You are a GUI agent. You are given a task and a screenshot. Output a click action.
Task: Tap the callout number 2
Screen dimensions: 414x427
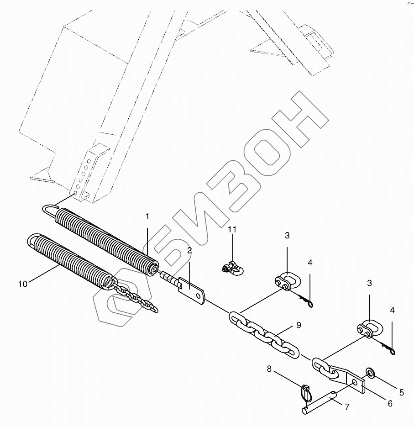pyautogui.click(x=189, y=251)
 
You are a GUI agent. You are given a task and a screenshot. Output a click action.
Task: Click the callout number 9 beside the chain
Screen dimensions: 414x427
pyautogui.click(x=299, y=325)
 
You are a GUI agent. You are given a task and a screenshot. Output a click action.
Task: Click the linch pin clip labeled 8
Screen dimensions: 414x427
pyautogui.click(x=306, y=392)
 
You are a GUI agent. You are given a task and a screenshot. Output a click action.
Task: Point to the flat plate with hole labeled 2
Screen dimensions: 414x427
pyautogui.click(x=194, y=292)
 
